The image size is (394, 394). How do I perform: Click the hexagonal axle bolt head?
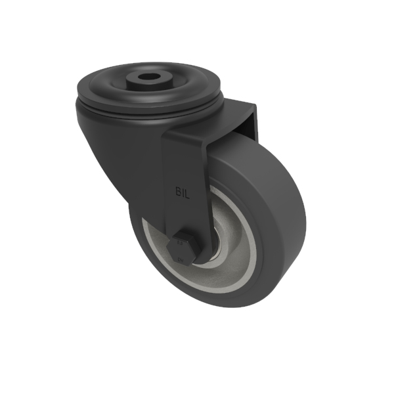pos(181,248)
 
